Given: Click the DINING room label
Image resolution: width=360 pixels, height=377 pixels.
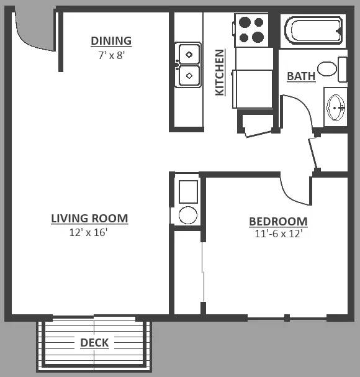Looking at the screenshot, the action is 111,41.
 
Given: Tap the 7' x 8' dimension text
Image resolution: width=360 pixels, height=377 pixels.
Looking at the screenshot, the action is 111,55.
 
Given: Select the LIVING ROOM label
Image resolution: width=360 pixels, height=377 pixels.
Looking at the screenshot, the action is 89,219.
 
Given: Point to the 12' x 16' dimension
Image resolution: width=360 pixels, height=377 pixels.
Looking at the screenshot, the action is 88,232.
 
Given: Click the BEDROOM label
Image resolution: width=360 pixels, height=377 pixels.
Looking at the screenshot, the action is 278,222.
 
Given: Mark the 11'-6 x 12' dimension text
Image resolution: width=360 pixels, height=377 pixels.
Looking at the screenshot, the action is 278,234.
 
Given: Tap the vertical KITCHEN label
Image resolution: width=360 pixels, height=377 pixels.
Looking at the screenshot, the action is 220,73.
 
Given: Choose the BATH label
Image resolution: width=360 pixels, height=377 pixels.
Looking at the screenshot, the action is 301,76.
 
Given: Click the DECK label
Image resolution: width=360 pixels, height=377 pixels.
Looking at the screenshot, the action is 94,343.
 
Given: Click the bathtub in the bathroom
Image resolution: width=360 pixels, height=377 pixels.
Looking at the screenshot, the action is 313,30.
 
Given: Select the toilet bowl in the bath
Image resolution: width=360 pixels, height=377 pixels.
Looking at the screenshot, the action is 327,69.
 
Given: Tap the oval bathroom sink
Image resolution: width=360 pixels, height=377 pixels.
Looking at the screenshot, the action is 336,107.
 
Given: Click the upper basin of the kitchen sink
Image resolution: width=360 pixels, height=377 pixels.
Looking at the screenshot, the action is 189,54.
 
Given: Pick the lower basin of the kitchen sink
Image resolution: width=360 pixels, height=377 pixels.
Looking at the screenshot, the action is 189,76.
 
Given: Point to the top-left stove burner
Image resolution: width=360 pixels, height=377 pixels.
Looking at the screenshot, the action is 245,22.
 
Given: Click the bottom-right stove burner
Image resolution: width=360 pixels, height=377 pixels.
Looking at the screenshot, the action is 258,37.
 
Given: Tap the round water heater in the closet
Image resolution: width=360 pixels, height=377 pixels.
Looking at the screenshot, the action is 188,215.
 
